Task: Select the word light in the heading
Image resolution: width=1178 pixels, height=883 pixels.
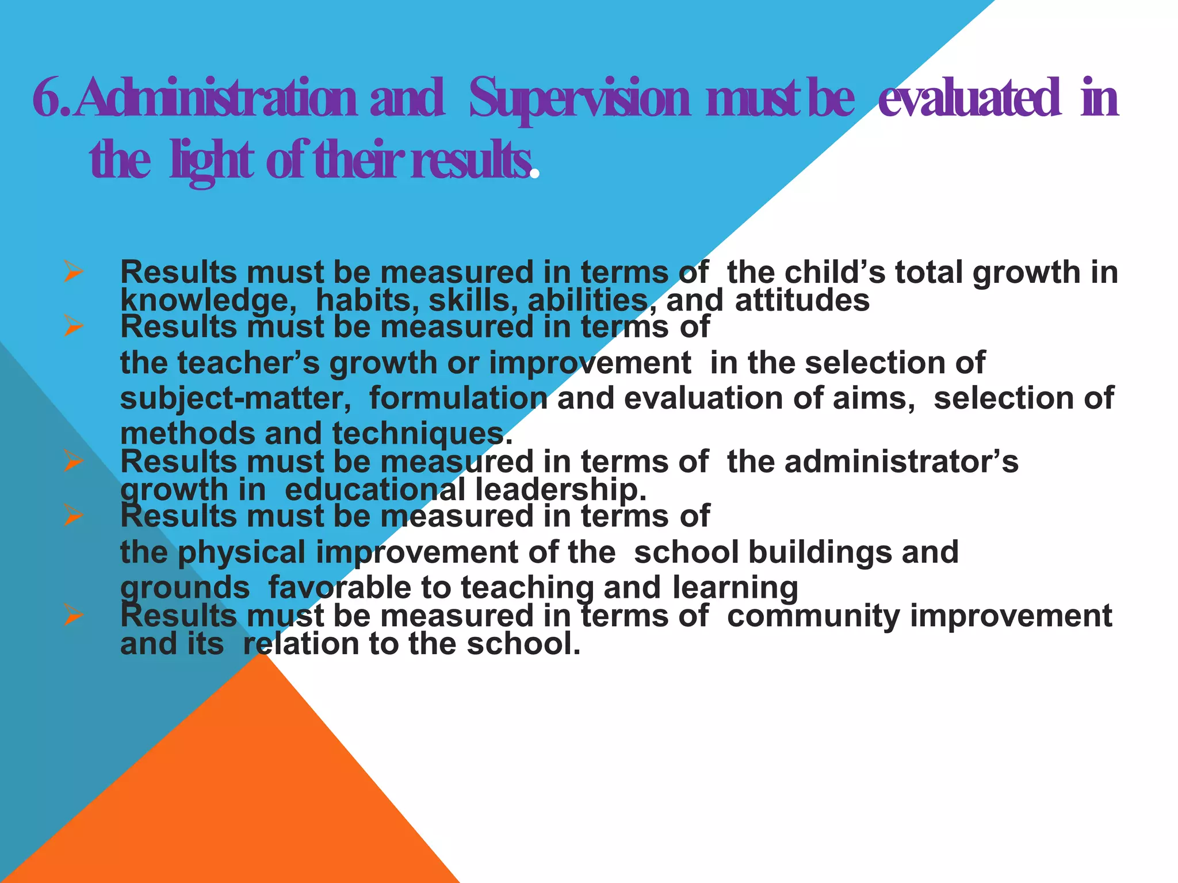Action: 212,161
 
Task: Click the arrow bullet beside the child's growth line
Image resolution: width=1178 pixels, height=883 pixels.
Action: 74,271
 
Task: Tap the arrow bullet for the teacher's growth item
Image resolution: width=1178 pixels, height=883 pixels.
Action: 74,326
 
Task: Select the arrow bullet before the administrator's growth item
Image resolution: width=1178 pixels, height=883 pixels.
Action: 74,461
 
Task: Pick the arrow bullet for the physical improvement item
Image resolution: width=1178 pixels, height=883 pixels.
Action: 74,515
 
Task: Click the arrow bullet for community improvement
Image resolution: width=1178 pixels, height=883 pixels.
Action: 74,615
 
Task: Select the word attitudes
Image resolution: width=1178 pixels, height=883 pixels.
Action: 802,300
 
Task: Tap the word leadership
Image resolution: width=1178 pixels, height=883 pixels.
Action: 561,490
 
